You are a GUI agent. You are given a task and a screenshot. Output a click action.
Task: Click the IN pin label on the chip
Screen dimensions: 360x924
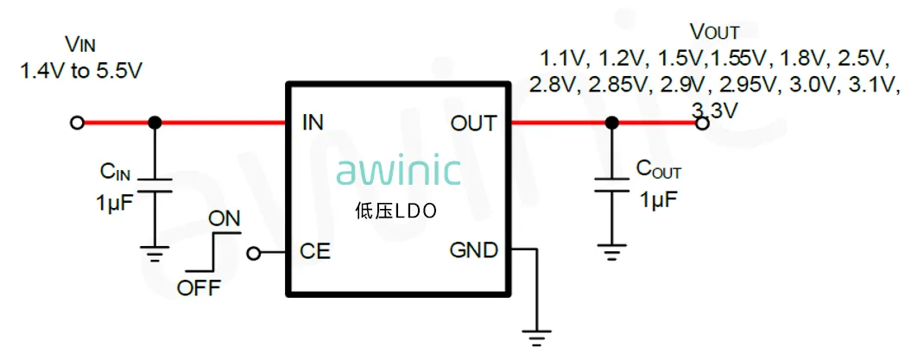(313, 123)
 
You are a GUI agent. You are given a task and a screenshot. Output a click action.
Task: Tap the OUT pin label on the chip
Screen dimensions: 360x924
(473, 123)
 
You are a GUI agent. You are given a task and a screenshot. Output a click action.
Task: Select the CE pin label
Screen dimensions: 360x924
(315, 252)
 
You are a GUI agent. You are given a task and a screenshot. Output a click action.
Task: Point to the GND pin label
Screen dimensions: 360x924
(473, 251)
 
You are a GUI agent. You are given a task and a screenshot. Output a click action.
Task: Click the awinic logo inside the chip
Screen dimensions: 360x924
(398, 171)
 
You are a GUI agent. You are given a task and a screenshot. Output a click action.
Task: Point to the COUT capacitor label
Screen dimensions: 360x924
(659, 169)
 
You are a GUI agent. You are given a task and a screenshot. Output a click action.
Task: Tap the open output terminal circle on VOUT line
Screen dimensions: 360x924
(703, 123)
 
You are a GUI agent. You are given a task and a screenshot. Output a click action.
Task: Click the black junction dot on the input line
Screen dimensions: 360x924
(155, 123)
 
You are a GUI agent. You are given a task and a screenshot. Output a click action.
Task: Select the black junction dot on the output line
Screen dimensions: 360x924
(611, 123)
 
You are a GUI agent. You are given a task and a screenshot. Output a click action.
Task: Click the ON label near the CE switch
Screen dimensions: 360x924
(225, 218)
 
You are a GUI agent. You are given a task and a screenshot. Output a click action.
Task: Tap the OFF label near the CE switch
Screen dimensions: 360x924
(199, 288)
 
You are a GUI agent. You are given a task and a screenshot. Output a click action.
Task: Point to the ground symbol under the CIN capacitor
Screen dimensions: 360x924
(155, 255)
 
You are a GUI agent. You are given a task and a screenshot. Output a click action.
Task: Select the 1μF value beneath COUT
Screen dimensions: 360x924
(658, 200)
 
